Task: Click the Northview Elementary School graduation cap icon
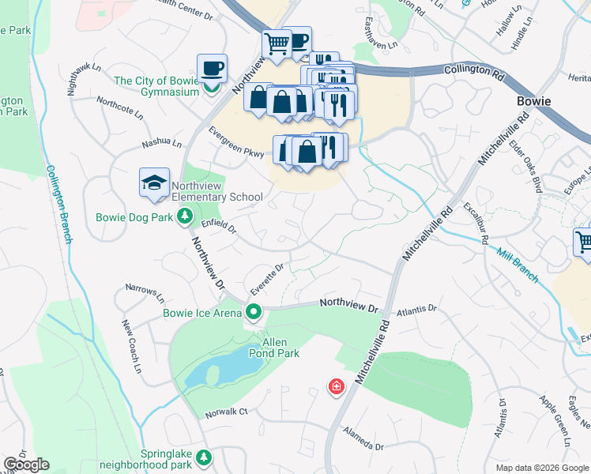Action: tap(155, 182)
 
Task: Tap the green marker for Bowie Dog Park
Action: tap(184, 215)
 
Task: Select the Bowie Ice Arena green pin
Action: tap(253, 312)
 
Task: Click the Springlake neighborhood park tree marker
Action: tap(204, 457)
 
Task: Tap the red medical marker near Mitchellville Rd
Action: tap(337, 387)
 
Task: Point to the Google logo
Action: tap(25, 465)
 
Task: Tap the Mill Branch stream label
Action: tap(518, 265)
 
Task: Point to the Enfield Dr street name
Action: tap(219, 227)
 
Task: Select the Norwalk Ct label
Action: tap(227, 412)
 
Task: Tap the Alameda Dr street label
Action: tap(363, 439)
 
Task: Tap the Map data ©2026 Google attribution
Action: tap(542, 468)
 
